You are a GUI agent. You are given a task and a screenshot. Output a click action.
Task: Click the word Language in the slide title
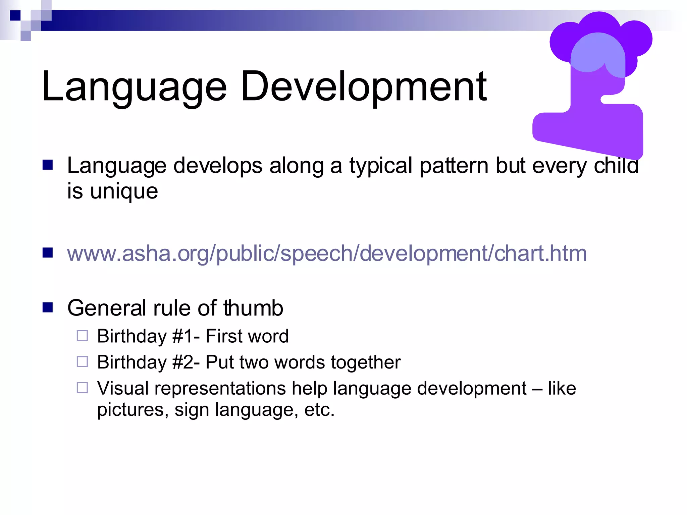pos(134,87)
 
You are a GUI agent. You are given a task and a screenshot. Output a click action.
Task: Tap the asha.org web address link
pos(327,253)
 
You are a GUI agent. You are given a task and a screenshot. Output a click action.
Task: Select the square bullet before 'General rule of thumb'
pos(48,307)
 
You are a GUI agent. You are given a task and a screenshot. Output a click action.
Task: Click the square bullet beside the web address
pos(48,253)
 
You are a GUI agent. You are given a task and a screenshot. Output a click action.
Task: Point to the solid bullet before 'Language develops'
pos(48,165)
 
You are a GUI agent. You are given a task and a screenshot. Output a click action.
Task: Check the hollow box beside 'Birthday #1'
pos(82,336)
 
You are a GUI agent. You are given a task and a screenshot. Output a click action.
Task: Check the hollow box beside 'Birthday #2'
pos(82,361)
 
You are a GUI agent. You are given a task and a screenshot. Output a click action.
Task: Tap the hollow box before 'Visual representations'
pos(82,388)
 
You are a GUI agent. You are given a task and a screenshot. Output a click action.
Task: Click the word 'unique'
pos(124,192)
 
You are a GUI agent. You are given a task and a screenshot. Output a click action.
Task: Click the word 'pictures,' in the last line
pos(133,410)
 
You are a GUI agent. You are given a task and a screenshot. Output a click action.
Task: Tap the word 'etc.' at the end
pos(319,410)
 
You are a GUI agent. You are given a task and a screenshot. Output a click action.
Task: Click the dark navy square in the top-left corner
pos(15,15)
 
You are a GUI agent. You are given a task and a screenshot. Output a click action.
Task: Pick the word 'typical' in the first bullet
pos(381,166)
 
